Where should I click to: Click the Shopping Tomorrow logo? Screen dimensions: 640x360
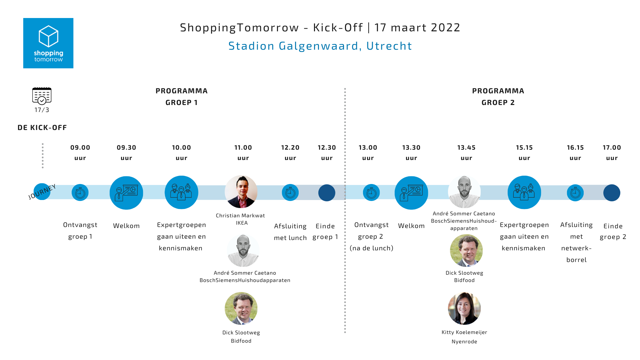[x=48, y=43]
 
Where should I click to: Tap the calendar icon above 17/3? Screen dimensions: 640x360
[x=42, y=96]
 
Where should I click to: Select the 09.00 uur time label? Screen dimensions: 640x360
[x=80, y=153]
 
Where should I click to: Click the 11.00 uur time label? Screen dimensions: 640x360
[x=243, y=153]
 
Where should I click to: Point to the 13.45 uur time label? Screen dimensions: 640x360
[x=466, y=153]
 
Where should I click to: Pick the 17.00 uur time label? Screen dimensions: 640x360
[x=612, y=153]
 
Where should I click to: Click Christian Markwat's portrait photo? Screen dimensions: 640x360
[x=241, y=192]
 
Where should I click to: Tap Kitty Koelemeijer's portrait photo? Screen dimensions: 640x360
[x=464, y=308]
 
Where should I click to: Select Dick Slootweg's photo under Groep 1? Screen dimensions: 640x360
[x=241, y=308]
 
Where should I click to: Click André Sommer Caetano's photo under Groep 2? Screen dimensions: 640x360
[x=464, y=192]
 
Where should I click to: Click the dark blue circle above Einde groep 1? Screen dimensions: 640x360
[x=327, y=193]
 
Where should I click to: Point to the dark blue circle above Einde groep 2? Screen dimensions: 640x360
[x=612, y=193]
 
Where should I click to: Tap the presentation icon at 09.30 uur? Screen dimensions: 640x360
[x=126, y=193]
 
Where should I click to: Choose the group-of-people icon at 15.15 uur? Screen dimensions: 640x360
[x=524, y=192]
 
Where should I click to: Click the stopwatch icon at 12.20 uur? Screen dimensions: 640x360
[x=290, y=193]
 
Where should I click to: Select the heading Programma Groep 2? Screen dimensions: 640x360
[x=498, y=97]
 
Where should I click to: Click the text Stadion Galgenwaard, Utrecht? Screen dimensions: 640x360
[x=320, y=46]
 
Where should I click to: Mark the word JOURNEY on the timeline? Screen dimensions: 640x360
[x=42, y=192]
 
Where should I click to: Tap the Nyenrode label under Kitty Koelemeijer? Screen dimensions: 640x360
[x=464, y=341]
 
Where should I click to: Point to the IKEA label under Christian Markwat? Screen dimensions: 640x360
[x=242, y=223]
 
